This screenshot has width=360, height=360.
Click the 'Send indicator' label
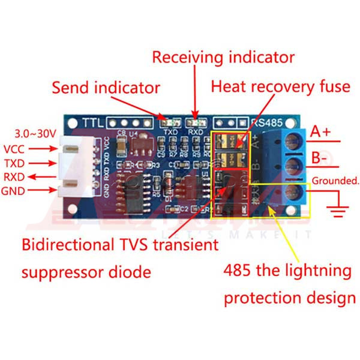pyautogui.click(x=106, y=88)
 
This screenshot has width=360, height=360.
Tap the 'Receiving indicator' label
pyautogui.click(x=223, y=58)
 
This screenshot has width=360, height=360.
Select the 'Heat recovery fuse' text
pyautogui.click(x=280, y=87)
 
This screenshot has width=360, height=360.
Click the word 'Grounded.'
pyautogui.click(x=335, y=179)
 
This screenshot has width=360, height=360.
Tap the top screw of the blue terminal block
pyautogui.click(x=293, y=140)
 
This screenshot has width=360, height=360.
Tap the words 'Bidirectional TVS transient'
pyautogui.click(x=120, y=245)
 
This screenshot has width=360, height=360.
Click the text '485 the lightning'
pyautogui.click(x=287, y=271)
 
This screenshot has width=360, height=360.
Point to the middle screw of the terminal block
pyautogui.click(x=293, y=166)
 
